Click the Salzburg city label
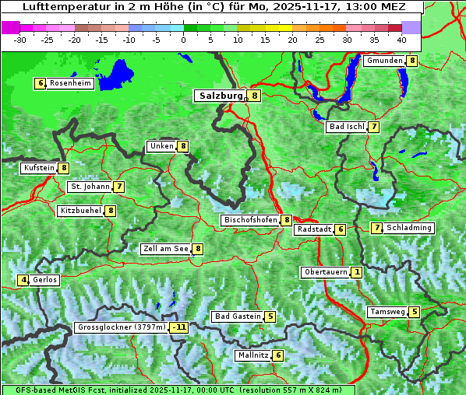(221, 96)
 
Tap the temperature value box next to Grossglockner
(179, 327)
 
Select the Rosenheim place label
(70, 83)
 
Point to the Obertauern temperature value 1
(356, 272)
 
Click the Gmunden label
(384, 61)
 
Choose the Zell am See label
(166, 249)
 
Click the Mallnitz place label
(252, 355)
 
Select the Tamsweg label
(387, 312)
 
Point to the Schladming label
(409, 228)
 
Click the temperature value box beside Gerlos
(24, 280)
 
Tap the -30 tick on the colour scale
(20, 40)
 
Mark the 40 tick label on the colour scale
(401, 40)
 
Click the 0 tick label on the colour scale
(184, 40)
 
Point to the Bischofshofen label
(250, 220)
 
